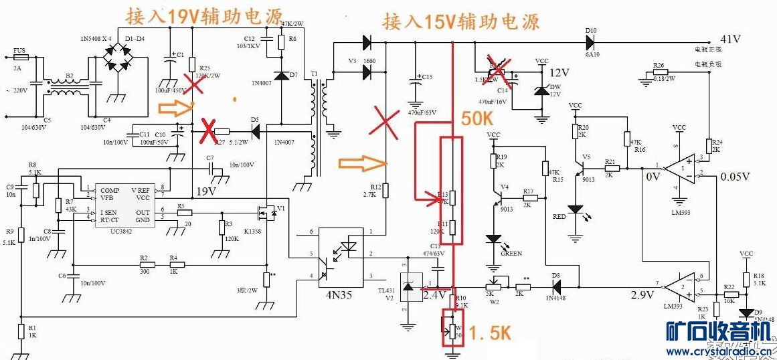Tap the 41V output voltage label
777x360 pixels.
(x=730, y=39)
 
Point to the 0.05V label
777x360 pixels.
(x=738, y=177)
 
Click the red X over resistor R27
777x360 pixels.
(x=209, y=128)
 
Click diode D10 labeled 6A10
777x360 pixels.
(x=590, y=41)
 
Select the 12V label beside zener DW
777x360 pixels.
(x=559, y=72)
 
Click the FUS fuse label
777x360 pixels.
(x=20, y=51)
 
